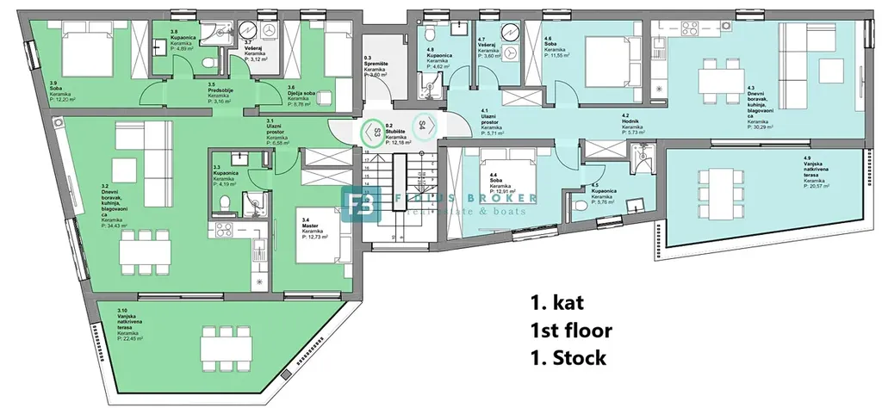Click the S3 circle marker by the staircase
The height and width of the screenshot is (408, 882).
coord(376,132)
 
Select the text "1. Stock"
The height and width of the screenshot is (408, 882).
coord(569,357)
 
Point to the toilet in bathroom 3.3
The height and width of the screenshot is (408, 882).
coord(224,203)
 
